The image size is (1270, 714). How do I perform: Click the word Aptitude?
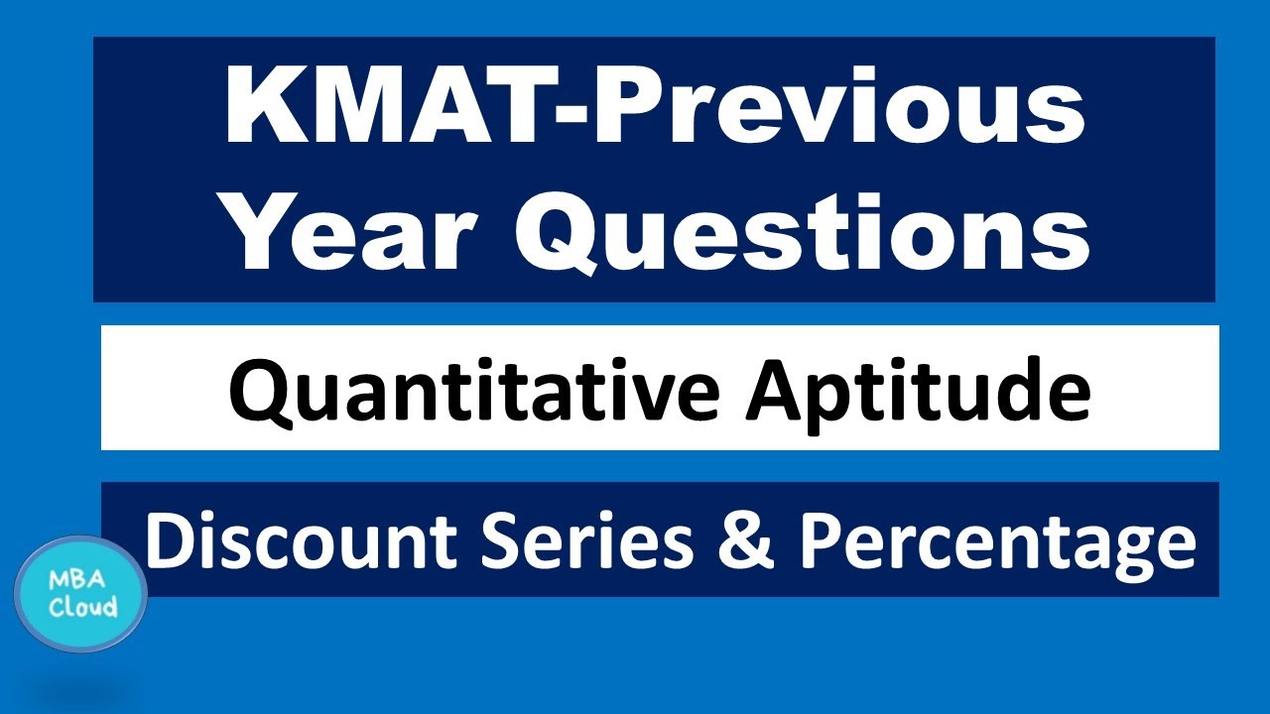[919, 390]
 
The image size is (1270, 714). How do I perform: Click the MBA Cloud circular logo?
[81, 594]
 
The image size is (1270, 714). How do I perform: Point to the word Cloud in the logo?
[83, 607]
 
